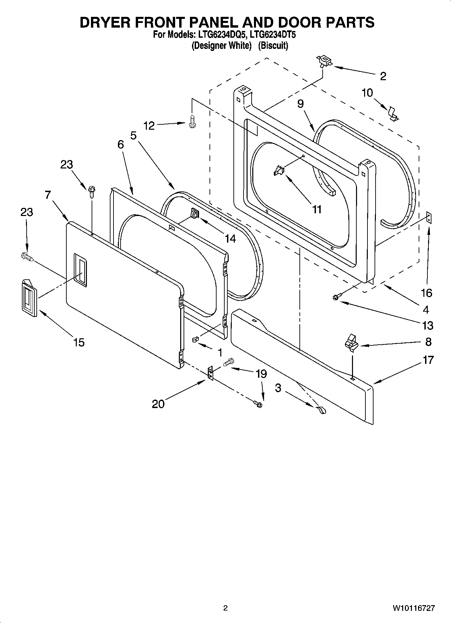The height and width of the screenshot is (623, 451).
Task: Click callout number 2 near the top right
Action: pos(383,76)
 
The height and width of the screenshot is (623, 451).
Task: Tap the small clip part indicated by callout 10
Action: pos(392,114)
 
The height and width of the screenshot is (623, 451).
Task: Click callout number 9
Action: pos(300,104)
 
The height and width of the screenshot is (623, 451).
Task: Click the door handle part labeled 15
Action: pos(29,298)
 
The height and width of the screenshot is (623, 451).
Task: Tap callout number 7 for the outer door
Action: pos(47,195)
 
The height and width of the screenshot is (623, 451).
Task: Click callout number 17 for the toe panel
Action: pos(428,360)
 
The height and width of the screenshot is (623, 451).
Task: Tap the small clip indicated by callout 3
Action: pos(321,410)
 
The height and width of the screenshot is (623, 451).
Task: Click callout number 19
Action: pos(261,374)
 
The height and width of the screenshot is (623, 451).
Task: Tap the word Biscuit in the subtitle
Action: pos(273,45)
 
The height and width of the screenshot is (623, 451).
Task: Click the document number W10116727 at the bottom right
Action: pos(413,608)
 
